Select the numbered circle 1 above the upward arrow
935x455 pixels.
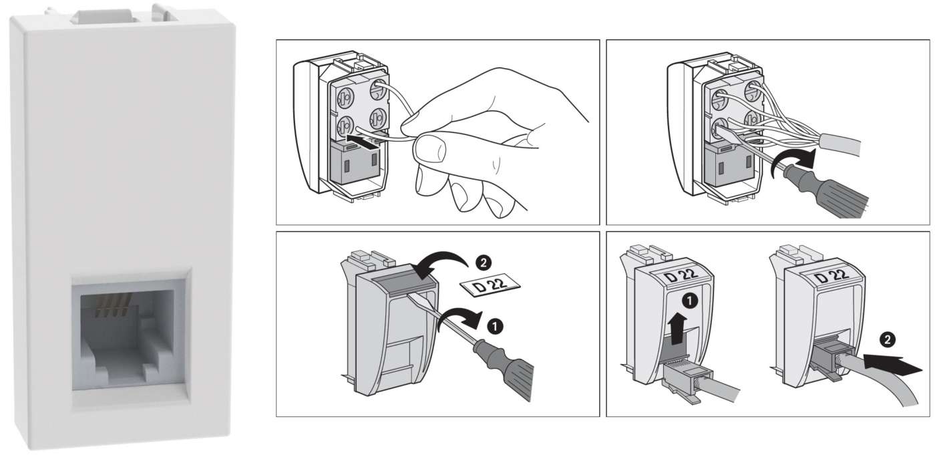coord(691,301)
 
